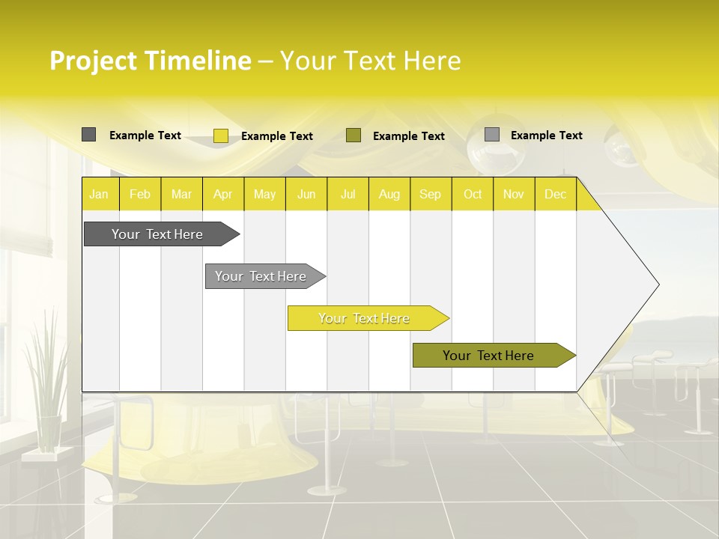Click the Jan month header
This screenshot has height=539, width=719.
coord(99,194)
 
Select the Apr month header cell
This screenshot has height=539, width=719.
coord(222,194)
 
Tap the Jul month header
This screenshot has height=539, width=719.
coord(348,194)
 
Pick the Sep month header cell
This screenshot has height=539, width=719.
coord(430,194)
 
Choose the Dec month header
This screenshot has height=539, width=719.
coord(555,194)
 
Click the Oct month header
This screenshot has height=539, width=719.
coord(472,194)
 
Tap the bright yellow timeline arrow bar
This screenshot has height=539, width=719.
coord(365,318)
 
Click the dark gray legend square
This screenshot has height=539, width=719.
coord(88,135)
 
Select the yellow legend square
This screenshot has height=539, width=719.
coord(221,135)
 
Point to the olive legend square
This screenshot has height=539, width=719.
coord(354,135)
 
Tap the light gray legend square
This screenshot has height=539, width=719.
coord(492,135)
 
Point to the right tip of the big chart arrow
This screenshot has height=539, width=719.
coord(658,284)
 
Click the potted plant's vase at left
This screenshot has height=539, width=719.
coord(49,433)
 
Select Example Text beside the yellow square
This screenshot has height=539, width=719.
coord(277,136)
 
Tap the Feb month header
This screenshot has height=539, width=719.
coord(140,194)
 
